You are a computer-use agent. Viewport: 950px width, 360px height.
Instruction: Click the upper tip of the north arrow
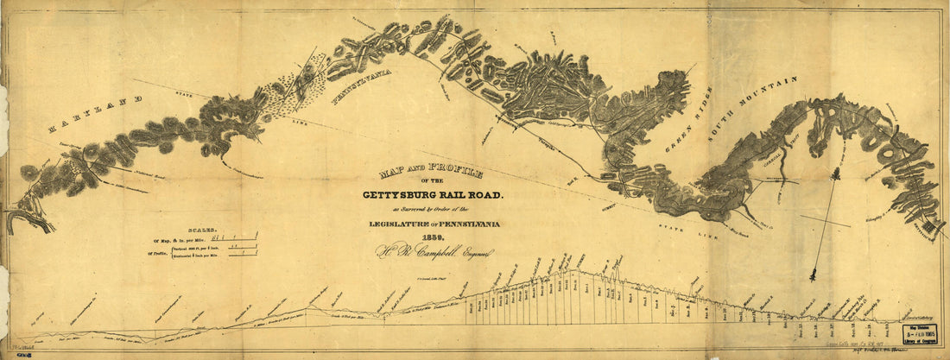pos(835,171)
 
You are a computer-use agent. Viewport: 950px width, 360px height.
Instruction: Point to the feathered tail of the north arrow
pos(814,275)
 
